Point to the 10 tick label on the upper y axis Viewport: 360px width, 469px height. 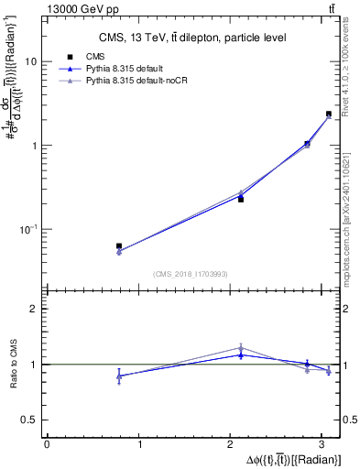[x=30, y=61]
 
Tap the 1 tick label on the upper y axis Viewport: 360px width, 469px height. [x=33, y=146]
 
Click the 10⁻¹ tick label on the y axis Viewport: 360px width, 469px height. [x=28, y=229]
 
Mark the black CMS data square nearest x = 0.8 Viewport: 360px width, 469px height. [x=119, y=246]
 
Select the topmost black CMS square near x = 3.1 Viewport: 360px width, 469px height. [x=329, y=115]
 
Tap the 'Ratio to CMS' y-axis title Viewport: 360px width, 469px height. [x=12, y=365]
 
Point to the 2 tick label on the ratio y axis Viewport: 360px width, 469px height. [x=34, y=309]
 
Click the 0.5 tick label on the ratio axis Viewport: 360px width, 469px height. [x=29, y=420]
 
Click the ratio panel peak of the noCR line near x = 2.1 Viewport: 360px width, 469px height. [x=241, y=347]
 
